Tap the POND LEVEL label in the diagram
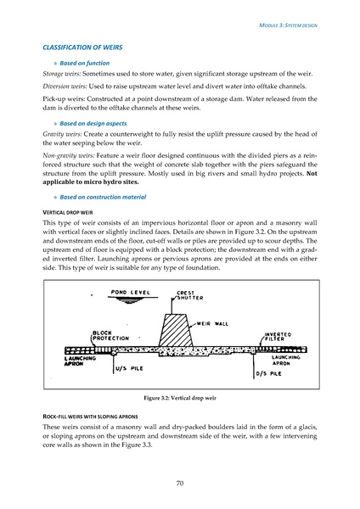(x=131, y=294)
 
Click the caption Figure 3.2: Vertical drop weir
(x=179, y=398)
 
